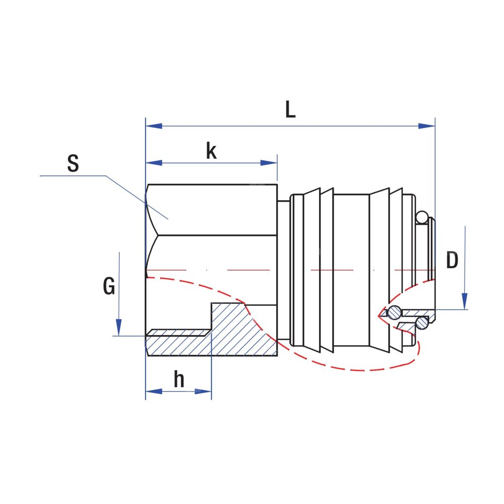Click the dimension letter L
click(x=290, y=110)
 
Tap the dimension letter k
click(x=211, y=151)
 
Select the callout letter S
click(x=74, y=164)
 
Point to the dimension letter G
click(x=109, y=287)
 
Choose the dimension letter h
click(x=179, y=380)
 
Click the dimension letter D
click(x=453, y=261)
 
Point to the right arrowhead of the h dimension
click(x=204, y=391)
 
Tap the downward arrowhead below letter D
click(x=465, y=301)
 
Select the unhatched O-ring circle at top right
click(x=422, y=217)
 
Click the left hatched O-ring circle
click(x=395, y=312)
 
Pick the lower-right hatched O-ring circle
click(x=421, y=322)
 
